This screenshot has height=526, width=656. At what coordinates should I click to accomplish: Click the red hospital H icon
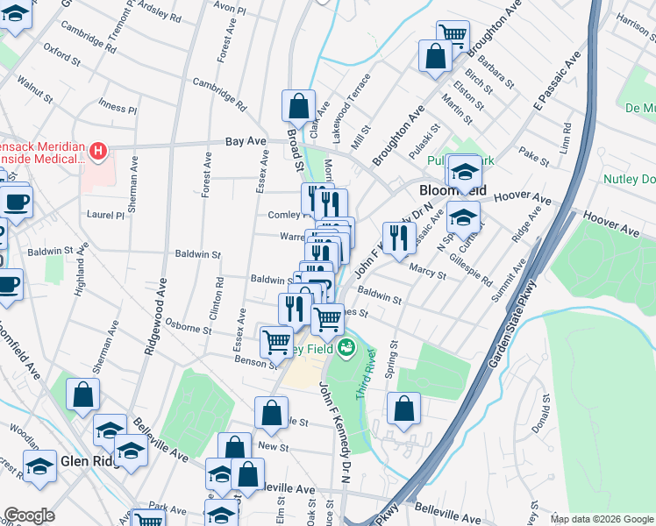pyautogui.click(x=98, y=153)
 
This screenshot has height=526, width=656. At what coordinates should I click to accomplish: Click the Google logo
pyautogui.click(x=29, y=515)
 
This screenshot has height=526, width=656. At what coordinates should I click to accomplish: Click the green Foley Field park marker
pyautogui.click(x=346, y=348)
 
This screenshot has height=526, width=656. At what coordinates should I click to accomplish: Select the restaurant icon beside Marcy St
pyautogui.click(x=399, y=238)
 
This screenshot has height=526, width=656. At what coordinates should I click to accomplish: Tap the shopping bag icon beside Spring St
pyautogui.click(x=403, y=408)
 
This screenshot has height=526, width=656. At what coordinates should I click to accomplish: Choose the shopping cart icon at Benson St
pyautogui.click(x=277, y=340)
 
